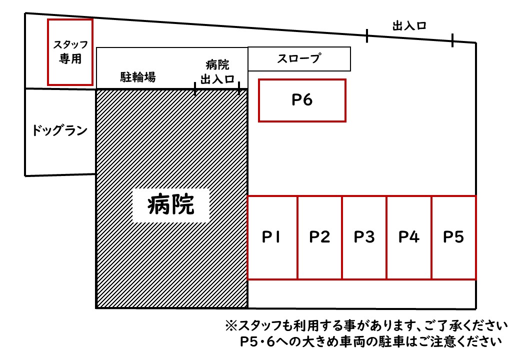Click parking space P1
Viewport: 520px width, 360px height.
(272, 237)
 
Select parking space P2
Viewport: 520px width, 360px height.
(319, 237)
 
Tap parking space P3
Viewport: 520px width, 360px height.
(364, 237)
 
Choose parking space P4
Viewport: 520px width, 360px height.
(408, 237)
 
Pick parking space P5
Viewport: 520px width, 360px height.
(453, 237)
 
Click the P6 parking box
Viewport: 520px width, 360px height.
(302, 100)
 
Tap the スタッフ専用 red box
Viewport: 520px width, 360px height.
(70, 52)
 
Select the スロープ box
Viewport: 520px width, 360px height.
(299, 59)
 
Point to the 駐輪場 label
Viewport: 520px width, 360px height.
(137, 77)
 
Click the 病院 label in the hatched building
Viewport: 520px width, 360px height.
(171, 204)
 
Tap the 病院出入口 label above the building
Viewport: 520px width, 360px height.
(217, 71)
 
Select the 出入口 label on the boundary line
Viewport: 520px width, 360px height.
(409, 26)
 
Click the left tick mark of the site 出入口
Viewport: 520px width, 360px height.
(367, 35)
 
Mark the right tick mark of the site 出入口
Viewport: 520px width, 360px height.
(452, 40)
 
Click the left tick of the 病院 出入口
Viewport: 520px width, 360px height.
(195, 89)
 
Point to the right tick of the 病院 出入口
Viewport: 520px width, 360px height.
(239, 89)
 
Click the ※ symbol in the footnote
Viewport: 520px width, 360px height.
(230, 326)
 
